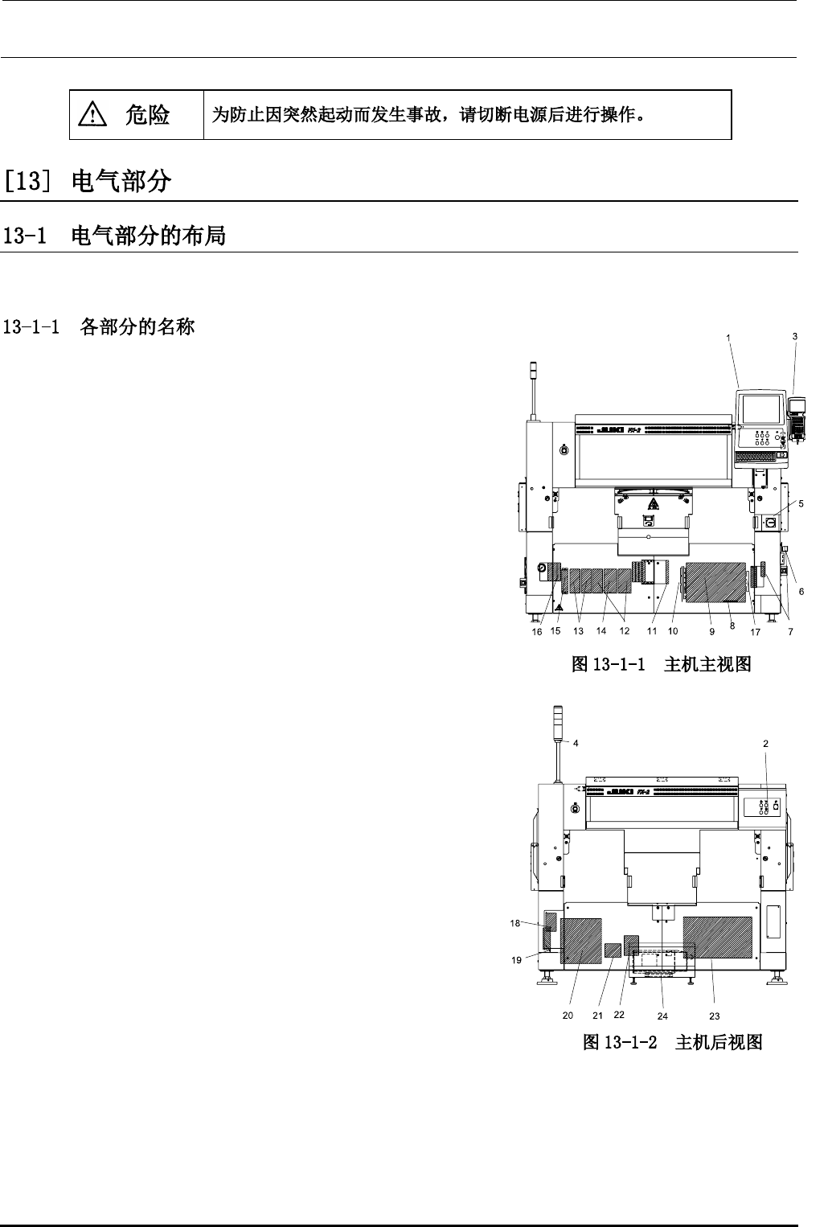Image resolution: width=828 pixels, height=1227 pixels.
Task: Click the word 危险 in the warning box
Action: tap(147, 115)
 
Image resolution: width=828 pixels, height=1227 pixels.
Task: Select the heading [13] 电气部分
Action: tap(88, 182)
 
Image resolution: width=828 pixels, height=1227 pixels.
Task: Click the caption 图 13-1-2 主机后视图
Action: tap(672, 1042)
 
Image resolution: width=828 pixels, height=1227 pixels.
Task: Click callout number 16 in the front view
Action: tap(537, 633)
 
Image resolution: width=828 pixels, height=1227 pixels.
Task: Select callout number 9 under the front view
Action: tap(711, 631)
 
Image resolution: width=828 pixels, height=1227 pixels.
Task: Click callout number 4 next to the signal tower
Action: tap(576, 743)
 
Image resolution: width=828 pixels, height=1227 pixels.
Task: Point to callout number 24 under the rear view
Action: tap(662, 1016)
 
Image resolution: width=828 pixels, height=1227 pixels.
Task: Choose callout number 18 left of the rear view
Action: tap(515, 923)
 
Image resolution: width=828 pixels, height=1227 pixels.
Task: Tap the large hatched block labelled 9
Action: tap(714, 582)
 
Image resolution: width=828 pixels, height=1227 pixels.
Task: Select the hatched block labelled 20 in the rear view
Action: tap(581, 940)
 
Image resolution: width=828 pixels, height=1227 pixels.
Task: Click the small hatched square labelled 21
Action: tap(613, 950)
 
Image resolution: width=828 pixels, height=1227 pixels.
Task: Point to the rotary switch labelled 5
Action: tap(769, 523)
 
